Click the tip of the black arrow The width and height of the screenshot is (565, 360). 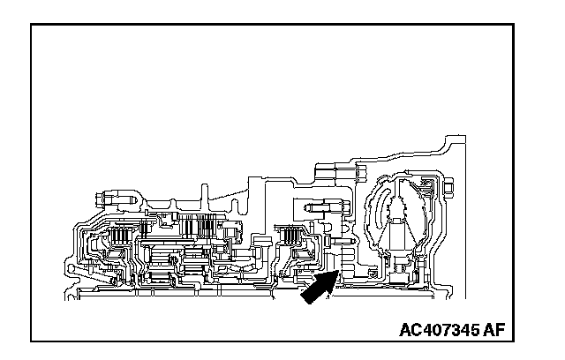336,274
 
